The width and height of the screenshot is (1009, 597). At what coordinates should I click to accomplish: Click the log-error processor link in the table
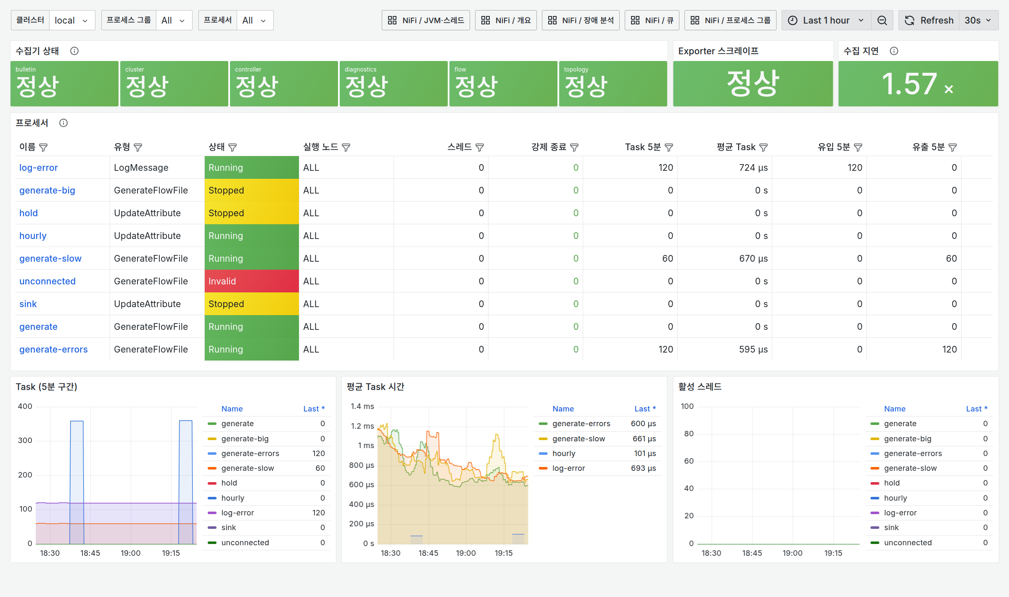point(38,167)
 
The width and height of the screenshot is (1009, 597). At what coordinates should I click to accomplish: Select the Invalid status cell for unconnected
point(251,281)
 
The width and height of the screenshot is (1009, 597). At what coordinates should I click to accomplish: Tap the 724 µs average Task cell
point(753,167)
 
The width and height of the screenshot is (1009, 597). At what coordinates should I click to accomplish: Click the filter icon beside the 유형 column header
point(138,147)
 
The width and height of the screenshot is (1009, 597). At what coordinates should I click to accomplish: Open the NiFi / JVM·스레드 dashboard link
point(425,20)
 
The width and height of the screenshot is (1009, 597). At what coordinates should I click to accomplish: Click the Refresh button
point(929,20)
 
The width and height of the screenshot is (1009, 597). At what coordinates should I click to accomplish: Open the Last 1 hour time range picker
point(826,20)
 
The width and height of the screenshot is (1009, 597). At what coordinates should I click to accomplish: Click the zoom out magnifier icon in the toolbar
point(882,20)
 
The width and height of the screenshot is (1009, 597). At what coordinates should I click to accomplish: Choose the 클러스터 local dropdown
point(72,20)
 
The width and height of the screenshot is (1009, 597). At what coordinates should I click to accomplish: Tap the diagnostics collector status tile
point(394,83)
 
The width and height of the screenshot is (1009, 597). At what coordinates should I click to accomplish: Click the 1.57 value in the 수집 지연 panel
point(909,83)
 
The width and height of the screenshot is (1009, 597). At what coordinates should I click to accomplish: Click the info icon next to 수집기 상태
point(74,51)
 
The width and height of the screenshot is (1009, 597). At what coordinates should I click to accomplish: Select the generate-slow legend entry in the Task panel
point(248,468)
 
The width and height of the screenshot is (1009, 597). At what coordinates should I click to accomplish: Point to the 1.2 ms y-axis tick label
point(362,426)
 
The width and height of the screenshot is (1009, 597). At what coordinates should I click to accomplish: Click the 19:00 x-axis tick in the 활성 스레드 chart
point(792,553)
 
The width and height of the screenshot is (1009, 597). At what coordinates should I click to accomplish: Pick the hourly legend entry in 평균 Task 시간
point(564,453)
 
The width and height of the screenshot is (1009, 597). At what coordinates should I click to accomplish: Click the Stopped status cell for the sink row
point(251,304)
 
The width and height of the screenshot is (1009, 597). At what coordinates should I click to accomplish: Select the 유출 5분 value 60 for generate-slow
point(951,258)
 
